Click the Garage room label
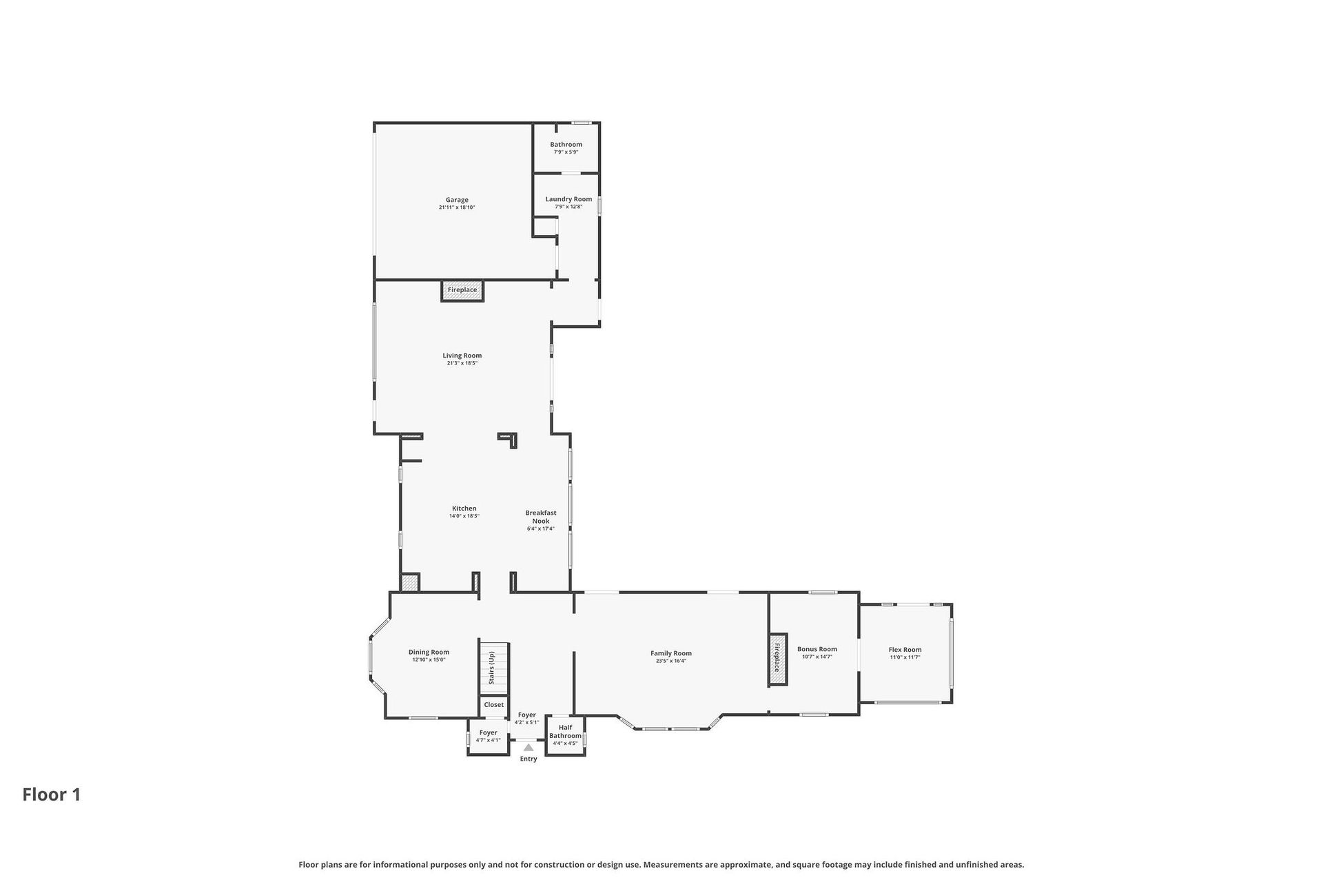tap(457, 200)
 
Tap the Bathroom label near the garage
tap(566, 145)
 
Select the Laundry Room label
tap(568, 199)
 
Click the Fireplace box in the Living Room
tap(462, 290)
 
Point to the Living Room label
tap(462, 356)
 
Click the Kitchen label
tap(464, 509)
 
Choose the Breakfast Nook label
tap(541, 517)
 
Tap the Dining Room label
tap(429, 652)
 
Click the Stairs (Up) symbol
tap(494, 668)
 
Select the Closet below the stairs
tap(493, 706)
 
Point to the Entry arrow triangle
tap(529, 748)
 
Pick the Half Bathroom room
tap(565, 736)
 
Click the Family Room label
tap(671, 653)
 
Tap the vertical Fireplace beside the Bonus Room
tap(778, 659)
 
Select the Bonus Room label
tap(817, 649)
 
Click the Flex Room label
tap(905, 650)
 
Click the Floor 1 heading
tap(52, 794)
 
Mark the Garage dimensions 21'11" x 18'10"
tap(457, 207)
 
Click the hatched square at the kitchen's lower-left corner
tap(410, 583)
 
